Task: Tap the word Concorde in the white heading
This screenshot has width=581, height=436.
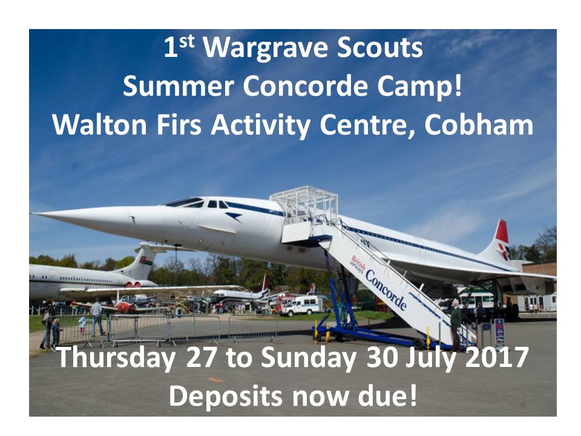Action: [306, 86]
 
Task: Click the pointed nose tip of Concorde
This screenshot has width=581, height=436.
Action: [33, 214]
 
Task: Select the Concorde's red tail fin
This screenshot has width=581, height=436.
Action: [501, 232]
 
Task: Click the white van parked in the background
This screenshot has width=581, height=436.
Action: [303, 305]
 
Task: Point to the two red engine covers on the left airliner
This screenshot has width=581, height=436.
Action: [134, 285]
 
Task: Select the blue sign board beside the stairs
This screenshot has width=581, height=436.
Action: [499, 331]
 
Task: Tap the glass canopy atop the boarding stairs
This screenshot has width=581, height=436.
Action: [304, 205]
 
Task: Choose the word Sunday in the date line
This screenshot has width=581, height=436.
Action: [308, 358]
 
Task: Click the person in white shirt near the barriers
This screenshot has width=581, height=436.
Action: [97, 317]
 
